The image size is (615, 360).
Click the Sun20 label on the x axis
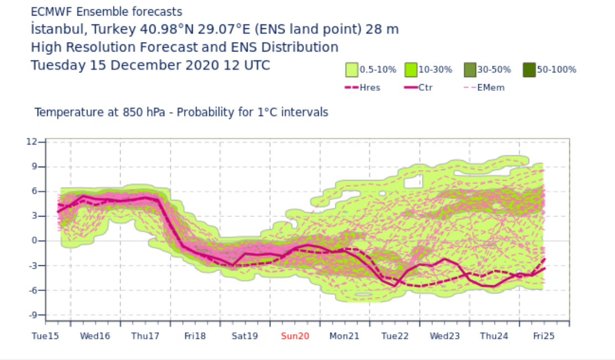click(295, 336)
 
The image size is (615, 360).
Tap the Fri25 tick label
click(544, 336)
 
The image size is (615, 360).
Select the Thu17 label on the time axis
click(145, 336)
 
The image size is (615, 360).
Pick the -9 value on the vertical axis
click(33, 315)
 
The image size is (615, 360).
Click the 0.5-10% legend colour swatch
click(352, 70)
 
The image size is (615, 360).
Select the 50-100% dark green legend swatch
click(529, 70)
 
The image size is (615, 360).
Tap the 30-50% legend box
click(470, 70)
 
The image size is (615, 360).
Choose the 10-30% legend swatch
click(411, 70)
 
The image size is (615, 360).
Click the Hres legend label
click(370, 88)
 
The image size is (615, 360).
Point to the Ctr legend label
click(426, 88)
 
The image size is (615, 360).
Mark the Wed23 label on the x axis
click(445, 336)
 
